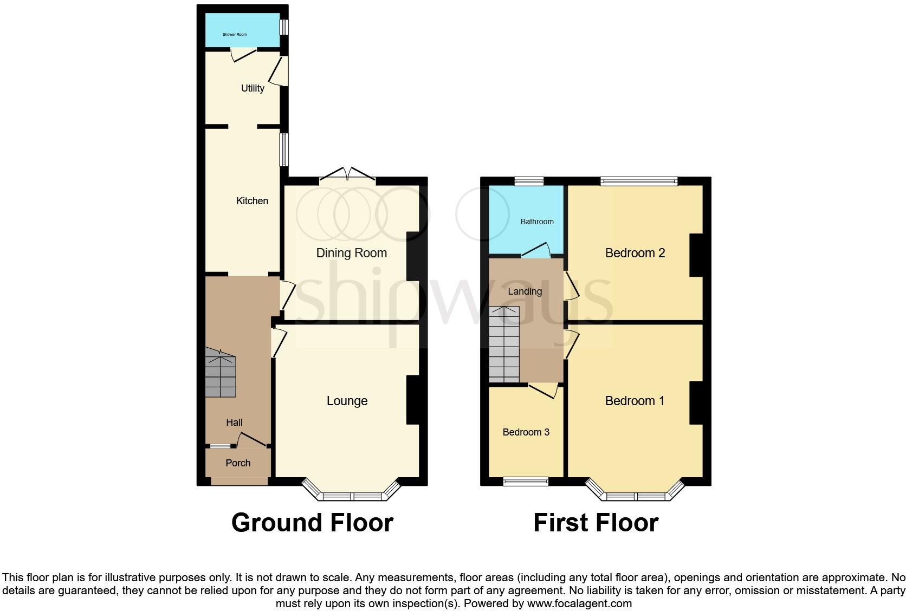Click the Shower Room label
click(234, 34)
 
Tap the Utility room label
click(253, 88)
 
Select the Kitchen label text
click(252, 201)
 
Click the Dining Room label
click(351, 253)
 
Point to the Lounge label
click(347, 401)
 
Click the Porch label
click(238, 463)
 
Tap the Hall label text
click(234, 422)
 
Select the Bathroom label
click(537, 222)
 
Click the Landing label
click(525, 291)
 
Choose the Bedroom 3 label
click(526, 432)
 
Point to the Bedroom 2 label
click(635, 253)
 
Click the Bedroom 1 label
click(635, 401)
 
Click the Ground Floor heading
click(312, 523)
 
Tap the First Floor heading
click(596, 523)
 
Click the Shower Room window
click(283, 27)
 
